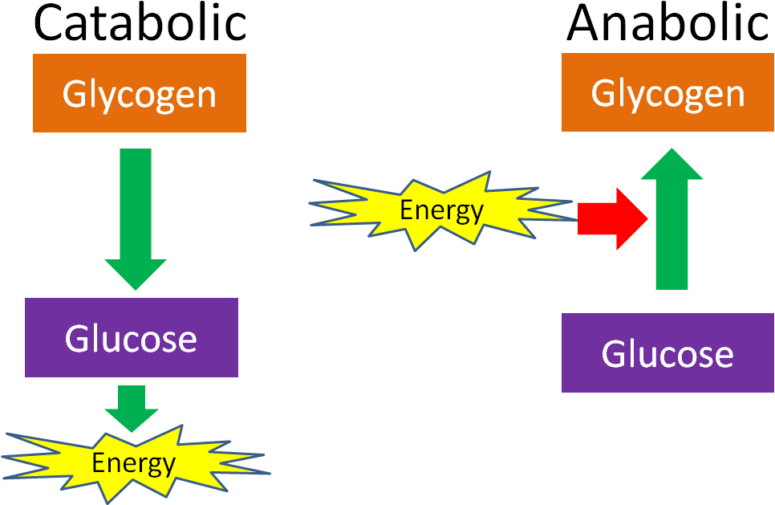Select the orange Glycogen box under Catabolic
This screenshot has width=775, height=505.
point(139,93)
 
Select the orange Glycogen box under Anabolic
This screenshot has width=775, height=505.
point(667,92)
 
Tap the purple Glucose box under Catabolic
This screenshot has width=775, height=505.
point(132,337)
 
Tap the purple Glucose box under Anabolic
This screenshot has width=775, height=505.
point(667,352)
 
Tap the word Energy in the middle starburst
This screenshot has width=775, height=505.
point(441,210)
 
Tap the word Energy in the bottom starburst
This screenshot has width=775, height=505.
point(133,463)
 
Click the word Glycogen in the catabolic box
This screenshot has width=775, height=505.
point(139,95)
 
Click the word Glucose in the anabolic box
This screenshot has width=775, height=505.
point(667,353)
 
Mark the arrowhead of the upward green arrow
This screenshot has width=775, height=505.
point(672,165)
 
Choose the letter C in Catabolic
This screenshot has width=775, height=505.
point(50,24)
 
